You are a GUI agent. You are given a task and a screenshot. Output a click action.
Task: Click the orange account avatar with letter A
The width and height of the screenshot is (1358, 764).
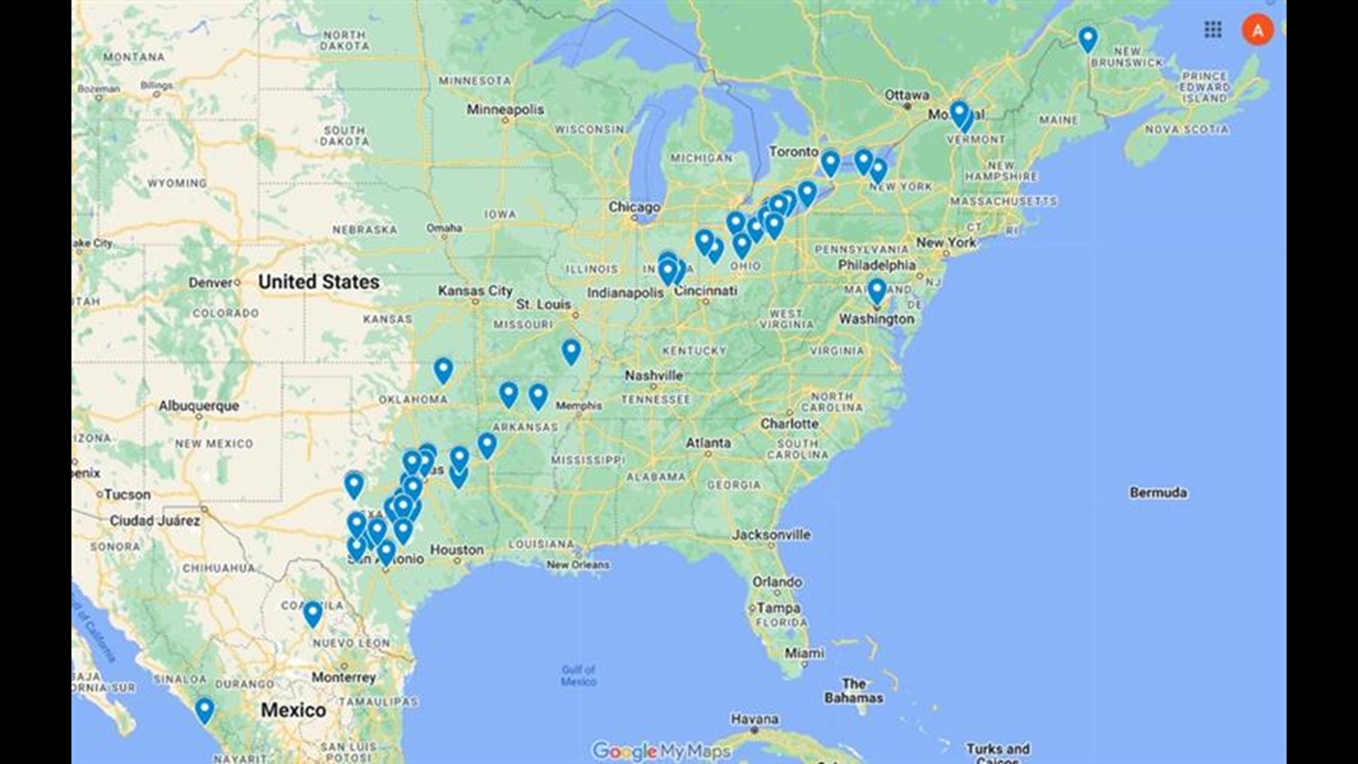[1257, 30]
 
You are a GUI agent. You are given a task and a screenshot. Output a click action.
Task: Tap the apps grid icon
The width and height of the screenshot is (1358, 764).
[1212, 30]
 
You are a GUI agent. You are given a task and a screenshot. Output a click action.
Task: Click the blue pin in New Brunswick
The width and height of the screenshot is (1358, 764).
[1087, 39]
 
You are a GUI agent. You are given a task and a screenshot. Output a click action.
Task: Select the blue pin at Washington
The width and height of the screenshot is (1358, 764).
[876, 290]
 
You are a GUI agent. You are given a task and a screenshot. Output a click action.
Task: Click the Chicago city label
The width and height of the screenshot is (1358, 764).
[634, 207]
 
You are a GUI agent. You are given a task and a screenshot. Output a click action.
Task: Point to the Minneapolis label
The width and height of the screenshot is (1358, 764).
[505, 110]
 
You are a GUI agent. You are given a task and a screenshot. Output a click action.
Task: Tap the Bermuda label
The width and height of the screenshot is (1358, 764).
[1158, 492]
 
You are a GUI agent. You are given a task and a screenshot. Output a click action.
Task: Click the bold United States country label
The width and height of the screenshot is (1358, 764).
[318, 282]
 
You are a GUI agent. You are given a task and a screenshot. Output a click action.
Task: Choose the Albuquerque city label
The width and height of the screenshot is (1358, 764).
[199, 406]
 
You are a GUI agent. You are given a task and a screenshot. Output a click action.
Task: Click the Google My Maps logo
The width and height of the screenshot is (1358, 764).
[661, 751]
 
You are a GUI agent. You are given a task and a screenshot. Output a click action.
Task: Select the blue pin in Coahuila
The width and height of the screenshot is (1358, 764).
[313, 614]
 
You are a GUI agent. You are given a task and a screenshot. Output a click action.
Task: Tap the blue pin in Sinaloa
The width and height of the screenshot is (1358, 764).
[204, 710]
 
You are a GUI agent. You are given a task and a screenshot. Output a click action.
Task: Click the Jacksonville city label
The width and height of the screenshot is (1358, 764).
[771, 535]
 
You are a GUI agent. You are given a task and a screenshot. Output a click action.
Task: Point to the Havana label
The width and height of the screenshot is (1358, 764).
[755, 719]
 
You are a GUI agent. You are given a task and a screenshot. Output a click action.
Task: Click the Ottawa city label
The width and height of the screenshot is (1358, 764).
[907, 95]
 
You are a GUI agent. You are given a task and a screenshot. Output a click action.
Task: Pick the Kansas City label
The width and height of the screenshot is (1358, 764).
[475, 291]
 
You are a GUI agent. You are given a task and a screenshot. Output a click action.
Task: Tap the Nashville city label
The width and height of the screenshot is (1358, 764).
[654, 376]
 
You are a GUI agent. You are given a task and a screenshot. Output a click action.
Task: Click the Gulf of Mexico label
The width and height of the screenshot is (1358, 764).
[579, 675]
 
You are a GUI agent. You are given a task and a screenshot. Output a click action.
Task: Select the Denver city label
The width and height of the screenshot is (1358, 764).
[210, 283]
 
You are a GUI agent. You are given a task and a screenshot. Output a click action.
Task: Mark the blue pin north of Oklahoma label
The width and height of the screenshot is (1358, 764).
[443, 369]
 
